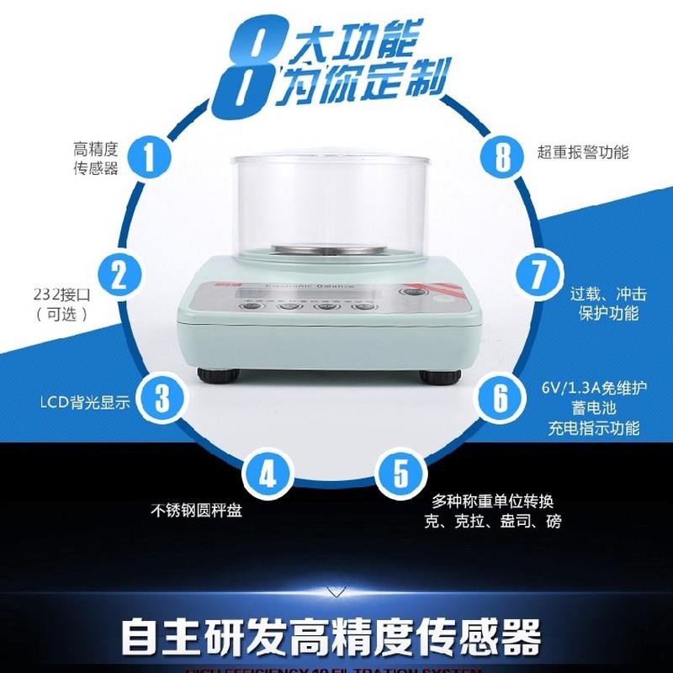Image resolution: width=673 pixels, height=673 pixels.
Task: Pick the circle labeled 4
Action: click(267, 476)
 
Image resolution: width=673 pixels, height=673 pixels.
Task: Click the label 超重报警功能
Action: click(583, 153)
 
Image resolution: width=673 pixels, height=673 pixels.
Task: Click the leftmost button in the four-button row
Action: click(251, 306)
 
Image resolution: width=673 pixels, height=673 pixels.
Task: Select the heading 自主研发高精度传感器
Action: click(330, 638)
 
